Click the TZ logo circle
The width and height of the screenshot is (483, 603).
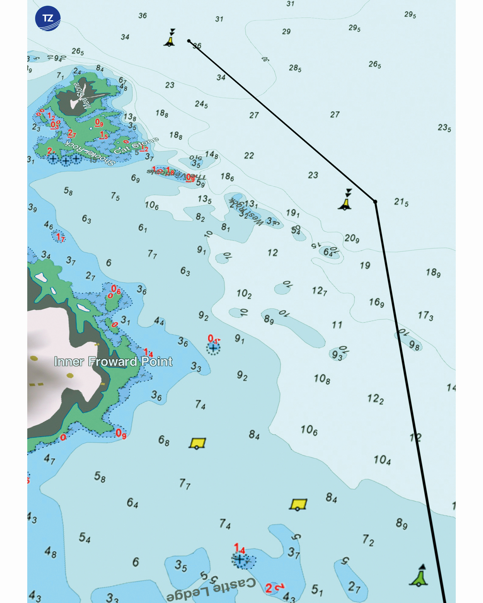[x=48, y=18]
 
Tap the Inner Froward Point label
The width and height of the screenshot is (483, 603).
[x=113, y=362]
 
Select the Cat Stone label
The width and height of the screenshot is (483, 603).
[x=136, y=145]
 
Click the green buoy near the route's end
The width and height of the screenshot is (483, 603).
[x=419, y=576]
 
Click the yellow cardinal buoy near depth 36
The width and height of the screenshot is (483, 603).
[x=170, y=39]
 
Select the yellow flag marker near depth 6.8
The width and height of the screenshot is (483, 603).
[x=197, y=443]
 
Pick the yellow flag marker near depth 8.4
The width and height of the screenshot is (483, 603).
[x=298, y=504]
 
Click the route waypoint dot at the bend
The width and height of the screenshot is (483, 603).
[x=375, y=202]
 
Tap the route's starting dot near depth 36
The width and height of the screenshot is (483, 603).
[x=189, y=41]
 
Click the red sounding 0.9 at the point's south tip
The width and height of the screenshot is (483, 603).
[x=121, y=433]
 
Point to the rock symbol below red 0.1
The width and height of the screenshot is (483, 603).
[x=213, y=348]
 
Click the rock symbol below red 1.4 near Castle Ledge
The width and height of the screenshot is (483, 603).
[x=240, y=559]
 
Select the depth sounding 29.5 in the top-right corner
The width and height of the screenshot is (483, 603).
[x=410, y=15]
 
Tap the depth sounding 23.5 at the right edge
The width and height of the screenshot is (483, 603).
[x=444, y=128]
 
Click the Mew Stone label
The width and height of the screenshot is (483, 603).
[x=82, y=96]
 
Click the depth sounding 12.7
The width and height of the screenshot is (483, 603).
[x=319, y=291]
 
